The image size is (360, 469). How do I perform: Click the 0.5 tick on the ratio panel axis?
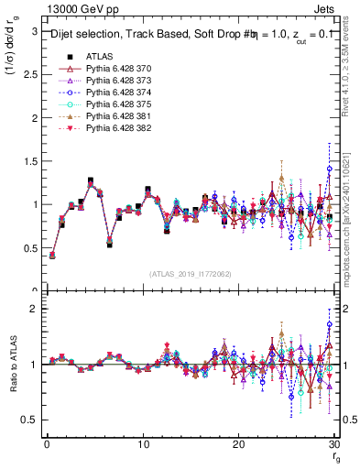[29, 420]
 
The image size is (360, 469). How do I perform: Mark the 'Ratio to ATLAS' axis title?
[12, 364]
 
